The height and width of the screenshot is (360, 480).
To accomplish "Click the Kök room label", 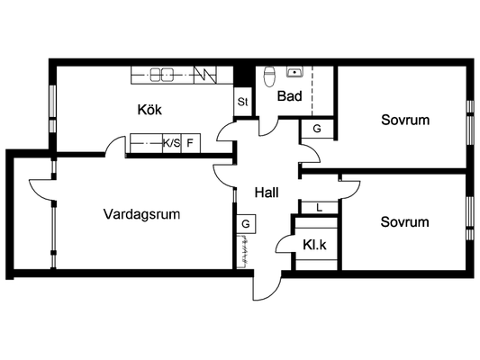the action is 149,110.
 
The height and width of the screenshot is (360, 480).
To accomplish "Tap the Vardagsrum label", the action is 141,214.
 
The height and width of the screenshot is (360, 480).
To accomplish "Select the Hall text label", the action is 267,193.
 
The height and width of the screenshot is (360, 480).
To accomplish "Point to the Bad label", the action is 290,96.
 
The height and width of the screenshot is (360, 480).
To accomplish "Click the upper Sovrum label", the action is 405,120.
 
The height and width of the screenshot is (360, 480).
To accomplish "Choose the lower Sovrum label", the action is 404,221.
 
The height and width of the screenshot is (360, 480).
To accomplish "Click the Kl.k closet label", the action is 314,245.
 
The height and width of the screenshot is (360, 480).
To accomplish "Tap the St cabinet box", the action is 243,102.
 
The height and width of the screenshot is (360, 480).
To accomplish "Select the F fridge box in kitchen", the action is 191,143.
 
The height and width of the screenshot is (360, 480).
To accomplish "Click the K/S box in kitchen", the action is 172,143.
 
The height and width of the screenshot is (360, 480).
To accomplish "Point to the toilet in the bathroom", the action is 269,76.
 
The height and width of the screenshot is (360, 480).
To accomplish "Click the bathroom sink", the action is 294,72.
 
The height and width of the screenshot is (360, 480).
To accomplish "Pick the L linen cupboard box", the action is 320,208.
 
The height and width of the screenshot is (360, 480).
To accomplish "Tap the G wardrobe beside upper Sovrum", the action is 317,129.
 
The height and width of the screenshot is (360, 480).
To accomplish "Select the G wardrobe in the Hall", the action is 246,224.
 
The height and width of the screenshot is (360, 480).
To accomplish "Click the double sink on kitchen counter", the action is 161,75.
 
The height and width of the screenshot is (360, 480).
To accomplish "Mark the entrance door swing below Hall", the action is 267,285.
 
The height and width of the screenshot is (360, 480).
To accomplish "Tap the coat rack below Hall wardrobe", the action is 244,251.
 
